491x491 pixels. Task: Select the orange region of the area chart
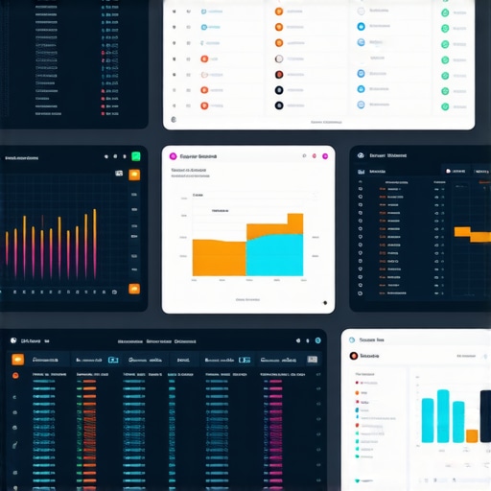click(219, 257)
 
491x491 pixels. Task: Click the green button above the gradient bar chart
click(136, 156)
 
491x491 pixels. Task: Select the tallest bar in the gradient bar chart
click(94, 245)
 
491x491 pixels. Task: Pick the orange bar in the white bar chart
click(472, 435)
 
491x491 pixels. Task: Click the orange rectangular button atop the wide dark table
click(17, 359)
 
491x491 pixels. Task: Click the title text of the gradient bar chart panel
click(21, 156)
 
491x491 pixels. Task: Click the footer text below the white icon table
click(326, 122)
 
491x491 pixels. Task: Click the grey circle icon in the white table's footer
click(172, 122)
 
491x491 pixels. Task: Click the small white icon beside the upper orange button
click(120, 175)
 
